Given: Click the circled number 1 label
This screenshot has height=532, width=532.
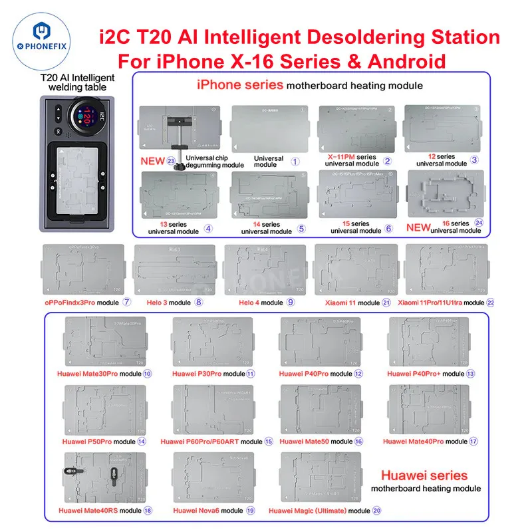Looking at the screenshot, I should pyautogui.click(x=296, y=160).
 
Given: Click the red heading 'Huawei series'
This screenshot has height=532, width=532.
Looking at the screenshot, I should pyautogui.click(x=424, y=475).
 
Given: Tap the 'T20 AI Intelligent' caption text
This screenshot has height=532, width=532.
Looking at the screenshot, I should pyautogui.click(x=77, y=77).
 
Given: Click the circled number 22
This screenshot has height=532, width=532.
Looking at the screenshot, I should pyautogui.click(x=491, y=303).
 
